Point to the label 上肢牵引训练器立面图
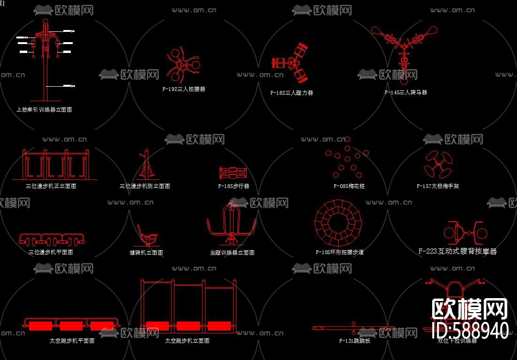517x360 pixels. (44, 110)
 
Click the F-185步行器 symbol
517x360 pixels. (233, 173)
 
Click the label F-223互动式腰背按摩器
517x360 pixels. (457, 251)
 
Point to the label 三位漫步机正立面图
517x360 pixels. (51, 186)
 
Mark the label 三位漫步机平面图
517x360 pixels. (51, 252)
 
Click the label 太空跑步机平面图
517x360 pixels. (72, 341)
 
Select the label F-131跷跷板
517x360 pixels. (355, 341)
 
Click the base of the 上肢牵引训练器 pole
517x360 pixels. (45, 100)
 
